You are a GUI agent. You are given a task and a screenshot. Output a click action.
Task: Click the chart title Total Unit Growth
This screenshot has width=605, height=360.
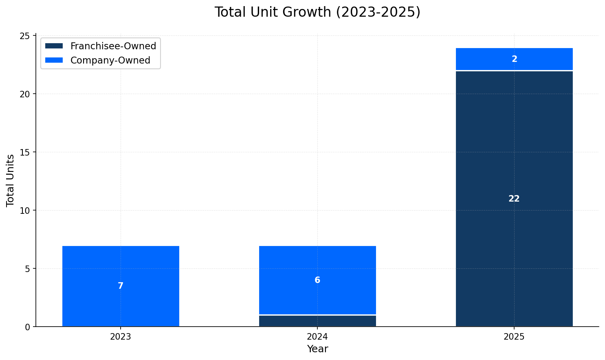(x=317, y=12)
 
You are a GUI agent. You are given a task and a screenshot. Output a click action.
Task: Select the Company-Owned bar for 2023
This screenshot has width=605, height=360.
(x=121, y=265)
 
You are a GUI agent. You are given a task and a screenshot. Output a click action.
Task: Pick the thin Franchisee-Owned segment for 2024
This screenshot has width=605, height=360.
(x=317, y=321)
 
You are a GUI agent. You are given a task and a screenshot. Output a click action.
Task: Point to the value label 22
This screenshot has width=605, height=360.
(x=514, y=199)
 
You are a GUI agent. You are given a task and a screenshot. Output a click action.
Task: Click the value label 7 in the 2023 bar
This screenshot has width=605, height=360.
(x=121, y=286)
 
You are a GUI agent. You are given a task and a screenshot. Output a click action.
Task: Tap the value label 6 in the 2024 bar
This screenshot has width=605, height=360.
(x=317, y=280)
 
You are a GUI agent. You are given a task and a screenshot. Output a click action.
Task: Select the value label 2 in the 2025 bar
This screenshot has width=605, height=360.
(x=514, y=59)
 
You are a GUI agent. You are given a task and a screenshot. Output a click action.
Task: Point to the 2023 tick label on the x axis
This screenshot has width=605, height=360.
(x=121, y=337)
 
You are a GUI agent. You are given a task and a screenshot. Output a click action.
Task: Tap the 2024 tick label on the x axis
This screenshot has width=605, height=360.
(x=317, y=337)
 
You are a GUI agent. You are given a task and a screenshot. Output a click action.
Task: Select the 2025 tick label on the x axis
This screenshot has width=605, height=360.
(x=514, y=337)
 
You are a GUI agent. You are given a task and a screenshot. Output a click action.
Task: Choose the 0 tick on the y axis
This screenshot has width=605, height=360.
(x=28, y=327)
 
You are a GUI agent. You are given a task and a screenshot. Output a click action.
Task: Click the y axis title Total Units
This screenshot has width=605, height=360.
(x=11, y=180)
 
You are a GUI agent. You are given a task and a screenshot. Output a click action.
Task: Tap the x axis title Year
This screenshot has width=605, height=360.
(x=317, y=349)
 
